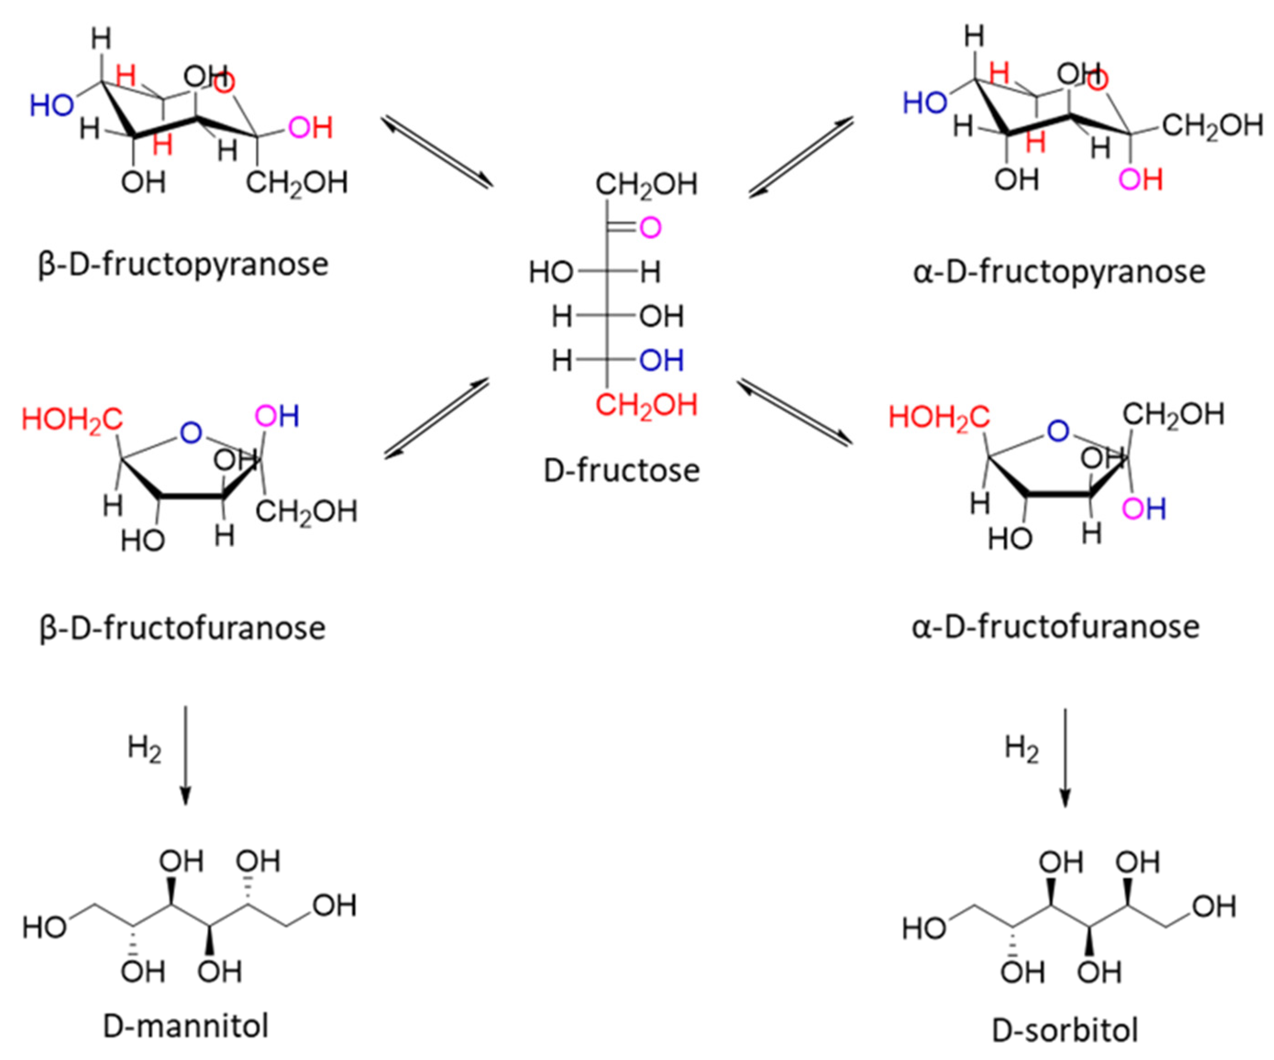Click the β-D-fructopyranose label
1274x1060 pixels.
click(183, 265)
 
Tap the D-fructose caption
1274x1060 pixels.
click(621, 471)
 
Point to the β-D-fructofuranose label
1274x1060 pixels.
click(182, 628)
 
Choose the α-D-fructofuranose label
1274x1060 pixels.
click(1056, 627)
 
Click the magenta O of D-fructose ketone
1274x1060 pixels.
click(650, 228)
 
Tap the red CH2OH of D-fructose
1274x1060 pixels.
click(646, 405)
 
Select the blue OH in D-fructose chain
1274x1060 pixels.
click(661, 361)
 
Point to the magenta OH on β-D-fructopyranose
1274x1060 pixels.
click(310, 128)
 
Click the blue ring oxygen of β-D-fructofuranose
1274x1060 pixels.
click(191, 432)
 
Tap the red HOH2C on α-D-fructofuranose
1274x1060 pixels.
click(938, 417)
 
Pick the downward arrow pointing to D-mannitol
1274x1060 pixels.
click(186, 755)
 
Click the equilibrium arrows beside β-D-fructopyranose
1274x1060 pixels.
click(437, 152)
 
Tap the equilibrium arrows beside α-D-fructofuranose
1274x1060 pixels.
click(795, 412)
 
